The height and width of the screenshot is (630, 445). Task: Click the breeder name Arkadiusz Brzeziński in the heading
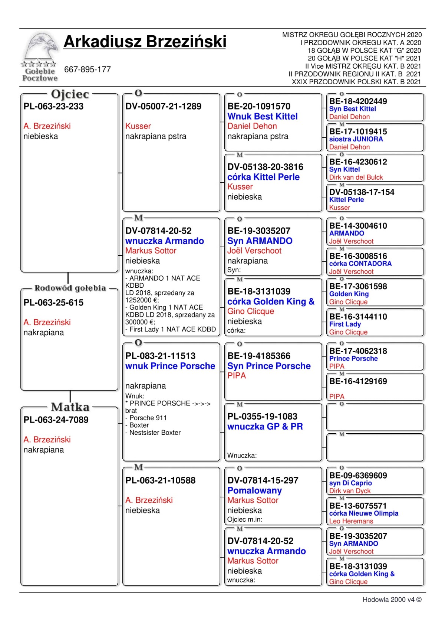coord(145,42)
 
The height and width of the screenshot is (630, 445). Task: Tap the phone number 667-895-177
coord(88,69)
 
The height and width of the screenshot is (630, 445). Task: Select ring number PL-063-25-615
coord(53,303)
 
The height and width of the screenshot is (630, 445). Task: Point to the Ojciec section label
coord(70,94)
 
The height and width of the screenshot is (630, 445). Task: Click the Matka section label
coord(70,407)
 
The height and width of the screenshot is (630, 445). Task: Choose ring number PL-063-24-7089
coord(56,420)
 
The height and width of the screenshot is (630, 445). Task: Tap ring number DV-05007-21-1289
coord(163,107)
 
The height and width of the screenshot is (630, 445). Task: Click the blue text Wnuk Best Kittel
coord(263,117)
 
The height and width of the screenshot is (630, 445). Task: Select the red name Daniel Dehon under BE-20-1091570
coord(252,126)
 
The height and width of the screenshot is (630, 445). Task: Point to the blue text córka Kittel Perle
coord(263,177)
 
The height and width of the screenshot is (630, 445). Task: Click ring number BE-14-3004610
coord(358,226)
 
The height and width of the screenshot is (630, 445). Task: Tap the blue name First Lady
coord(345,324)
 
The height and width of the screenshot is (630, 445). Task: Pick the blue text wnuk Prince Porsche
coord(170,366)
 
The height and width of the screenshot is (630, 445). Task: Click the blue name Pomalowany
coord(254,490)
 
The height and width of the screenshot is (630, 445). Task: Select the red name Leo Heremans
coord(351,521)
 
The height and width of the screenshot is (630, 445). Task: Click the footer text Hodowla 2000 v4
coord(392,600)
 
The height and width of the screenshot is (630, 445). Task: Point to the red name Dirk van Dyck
coord(350,491)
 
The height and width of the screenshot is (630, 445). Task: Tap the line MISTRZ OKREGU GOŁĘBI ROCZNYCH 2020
coord(352,35)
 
